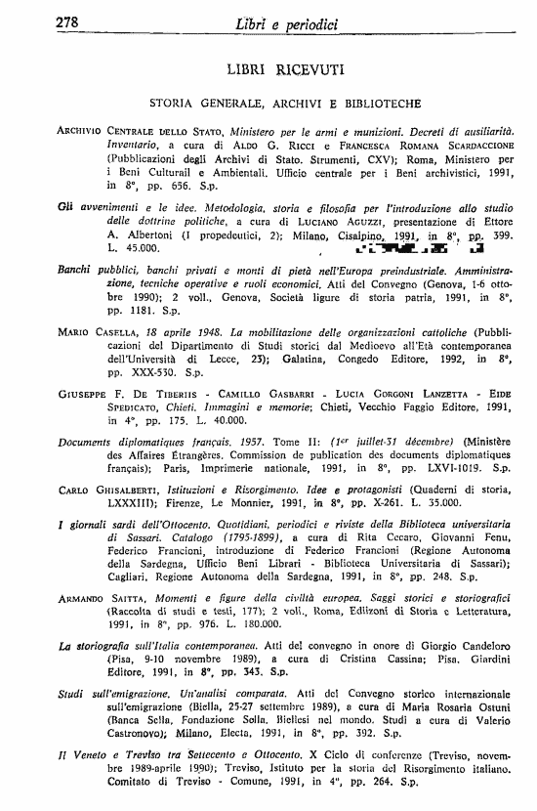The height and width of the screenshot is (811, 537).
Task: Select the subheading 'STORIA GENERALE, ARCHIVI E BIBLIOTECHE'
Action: tap(279, 103)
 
